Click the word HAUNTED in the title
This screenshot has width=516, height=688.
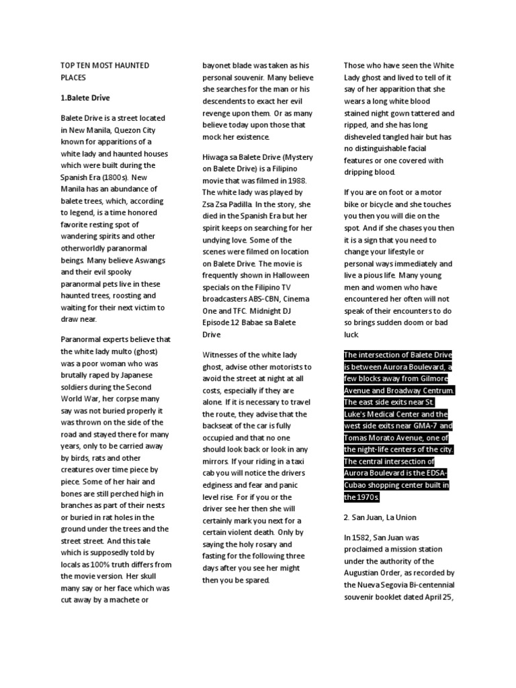[x=130, y=65]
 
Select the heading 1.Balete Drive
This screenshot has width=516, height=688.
[x=85, y=97]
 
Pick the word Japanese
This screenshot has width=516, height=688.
[x=133, y=375]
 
